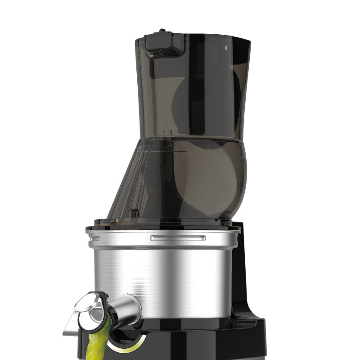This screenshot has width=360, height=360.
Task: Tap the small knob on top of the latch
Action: (x=162, y=31)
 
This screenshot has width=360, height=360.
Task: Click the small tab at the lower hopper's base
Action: (x=132, y=212)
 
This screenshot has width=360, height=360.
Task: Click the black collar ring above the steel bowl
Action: (x=162, y=223)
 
